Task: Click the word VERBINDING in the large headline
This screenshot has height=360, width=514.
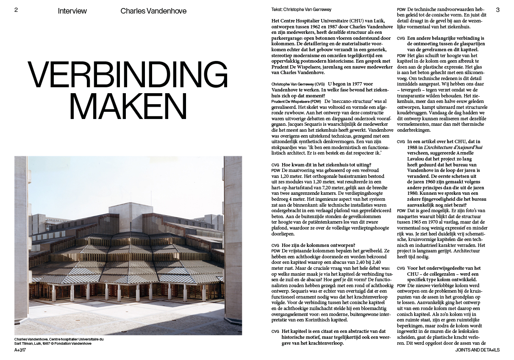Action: point(128,75)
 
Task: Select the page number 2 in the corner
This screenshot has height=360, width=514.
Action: point(16,10)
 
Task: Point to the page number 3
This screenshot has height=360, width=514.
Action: point(497,10)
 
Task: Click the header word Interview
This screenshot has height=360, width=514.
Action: point(72,11)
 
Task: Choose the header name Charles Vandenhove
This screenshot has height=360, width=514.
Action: point(153,11)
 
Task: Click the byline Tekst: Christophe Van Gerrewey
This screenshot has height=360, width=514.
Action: point(302,9)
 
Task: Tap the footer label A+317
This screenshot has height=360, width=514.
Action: point(20,350)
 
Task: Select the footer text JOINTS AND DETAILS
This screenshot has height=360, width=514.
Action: point(478,350)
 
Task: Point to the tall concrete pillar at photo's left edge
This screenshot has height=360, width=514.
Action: point(21,237)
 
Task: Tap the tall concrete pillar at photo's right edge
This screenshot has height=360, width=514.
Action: point(233,237)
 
